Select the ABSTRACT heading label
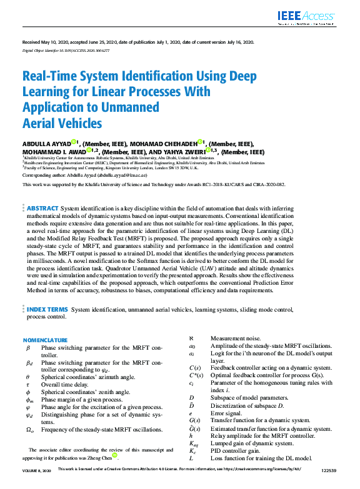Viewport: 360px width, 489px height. click(x=42, y=208)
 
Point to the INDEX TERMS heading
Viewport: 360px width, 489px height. click(x=47, y=309)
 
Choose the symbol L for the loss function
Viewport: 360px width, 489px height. click(x=191, y=458)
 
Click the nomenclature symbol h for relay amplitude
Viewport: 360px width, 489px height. click(x=191, y=435)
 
